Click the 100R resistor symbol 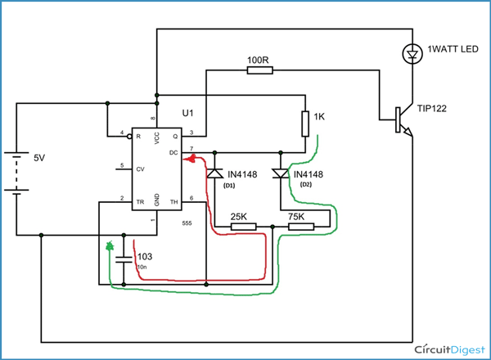pyautogui.click(x=259, y=70)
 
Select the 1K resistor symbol pyautogui.click(x=304, y=123)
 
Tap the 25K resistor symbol pyautogui.click(x=243, y=227)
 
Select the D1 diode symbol pyautogui.click(x=214, y=173)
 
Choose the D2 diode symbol pyautogui.click(x=281, y=173)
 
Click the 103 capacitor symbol pyautogui.click(x=124, y=259)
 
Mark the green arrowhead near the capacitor pyautogui.click(x=110, y=245)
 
